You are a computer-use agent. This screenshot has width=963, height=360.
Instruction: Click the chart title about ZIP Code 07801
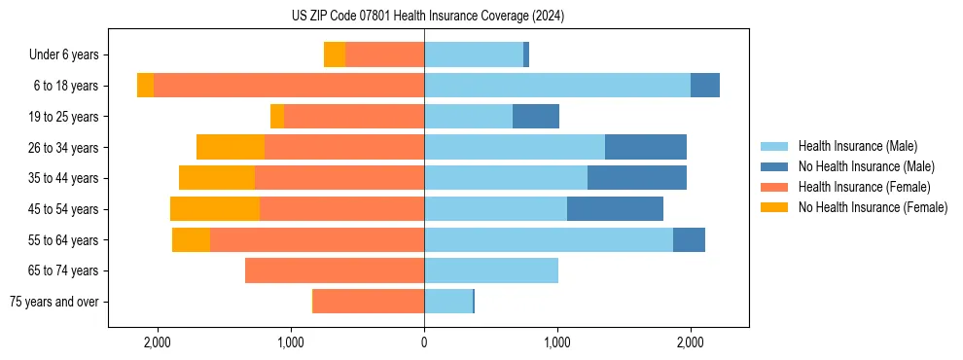pos(427,17)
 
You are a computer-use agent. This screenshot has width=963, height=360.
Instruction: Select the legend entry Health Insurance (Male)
pos(857,146)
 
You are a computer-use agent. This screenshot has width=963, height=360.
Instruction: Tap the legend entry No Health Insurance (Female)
pos(873,207)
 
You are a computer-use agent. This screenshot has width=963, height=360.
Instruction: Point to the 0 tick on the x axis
pos(424,343)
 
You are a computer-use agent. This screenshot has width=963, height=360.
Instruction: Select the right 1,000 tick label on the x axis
pos(557,343)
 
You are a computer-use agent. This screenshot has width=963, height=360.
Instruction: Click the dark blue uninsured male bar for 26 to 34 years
pos(646,147)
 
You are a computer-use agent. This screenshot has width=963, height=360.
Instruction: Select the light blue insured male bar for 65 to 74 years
pos(491,270)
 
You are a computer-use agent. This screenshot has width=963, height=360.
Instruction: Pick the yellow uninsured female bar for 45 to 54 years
pos(215,209)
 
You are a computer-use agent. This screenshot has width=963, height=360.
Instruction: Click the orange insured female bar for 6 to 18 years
pos(289,86)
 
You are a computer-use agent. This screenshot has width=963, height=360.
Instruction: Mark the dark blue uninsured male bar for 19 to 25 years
pos(536,117)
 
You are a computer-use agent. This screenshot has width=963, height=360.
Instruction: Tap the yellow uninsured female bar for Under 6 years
pos(335,54)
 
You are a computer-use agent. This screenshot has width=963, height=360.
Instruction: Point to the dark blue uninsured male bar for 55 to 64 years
pos(689,239)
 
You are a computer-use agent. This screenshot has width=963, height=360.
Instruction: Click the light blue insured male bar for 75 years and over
pos(448,302)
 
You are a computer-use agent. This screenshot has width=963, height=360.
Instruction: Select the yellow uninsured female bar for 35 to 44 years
pos(217,178)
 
